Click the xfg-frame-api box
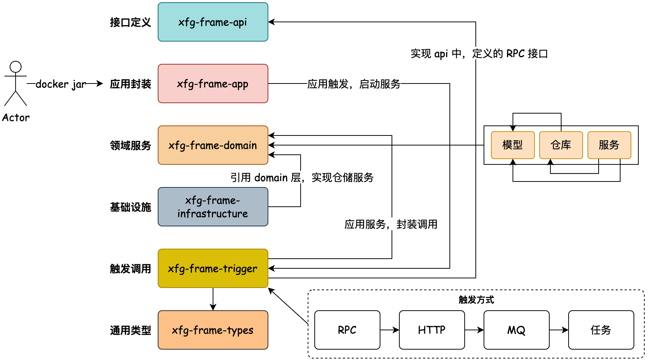click(x=213, y=22)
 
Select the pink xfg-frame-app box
click(x=213, y=84)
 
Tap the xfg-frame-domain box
click(x=213, y=145)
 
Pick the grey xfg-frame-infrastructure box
click(x=213, y=207)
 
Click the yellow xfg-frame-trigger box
click(x=213, y=268)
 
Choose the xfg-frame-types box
click(x=213, y=330)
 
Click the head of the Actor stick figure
click(x=16, y=67)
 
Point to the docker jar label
click(x=61, y=84)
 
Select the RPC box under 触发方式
click(x=347, y=330)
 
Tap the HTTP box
click(x=432, y=330)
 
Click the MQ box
click(x=516, y=330)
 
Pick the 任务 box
click(x=601, y=330)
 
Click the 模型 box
click(x=513, y=145)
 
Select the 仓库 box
click(x=561, y=145)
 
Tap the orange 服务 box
click(x=609, y=145)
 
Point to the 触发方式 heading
click(x=476, y=300)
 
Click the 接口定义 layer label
click(x=130, y=22)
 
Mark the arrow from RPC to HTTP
click(x=390, y=330)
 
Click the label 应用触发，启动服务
click(x=354, y=84)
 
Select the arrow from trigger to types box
click(x=213, y=299)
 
